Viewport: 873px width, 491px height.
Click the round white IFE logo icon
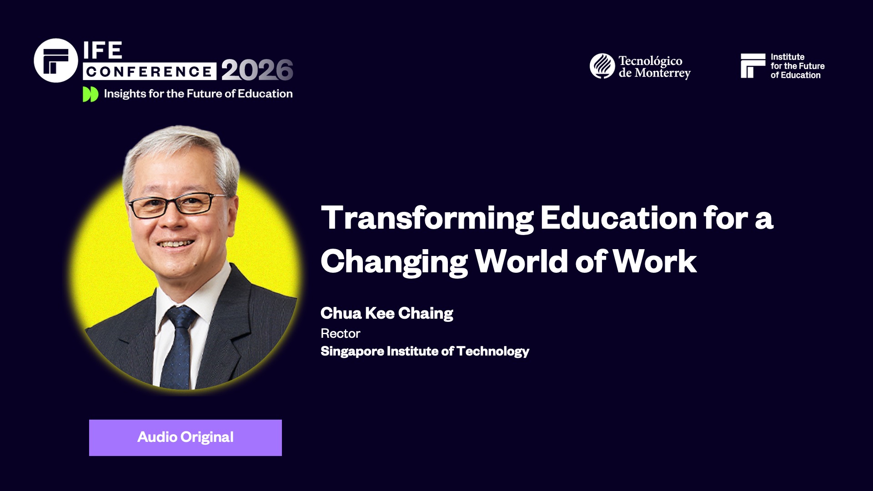click(x=56, y=60)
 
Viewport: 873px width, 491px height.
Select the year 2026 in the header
click(x=257, y=70)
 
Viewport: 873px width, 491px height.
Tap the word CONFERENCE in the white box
click(x=149, y=71)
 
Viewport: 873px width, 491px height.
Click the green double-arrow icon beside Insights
click(x=90, y=94)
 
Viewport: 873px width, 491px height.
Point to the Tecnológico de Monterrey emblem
click(x=602, y=66)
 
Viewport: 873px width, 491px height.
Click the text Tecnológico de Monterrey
click(x=654, y=67)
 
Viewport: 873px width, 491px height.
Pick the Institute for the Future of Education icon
click(x=753, y=66)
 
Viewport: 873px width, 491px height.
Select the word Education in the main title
click(x=618, y=218)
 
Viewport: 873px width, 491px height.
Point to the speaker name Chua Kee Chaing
click(x=386, y=313)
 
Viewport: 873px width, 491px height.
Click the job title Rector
click(x=340, y=334)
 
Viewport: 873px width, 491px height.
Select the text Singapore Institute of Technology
click(x=425, y=351)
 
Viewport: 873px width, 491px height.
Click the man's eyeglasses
click(x=175, y=205)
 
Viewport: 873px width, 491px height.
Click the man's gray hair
click(x=182, y=145)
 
